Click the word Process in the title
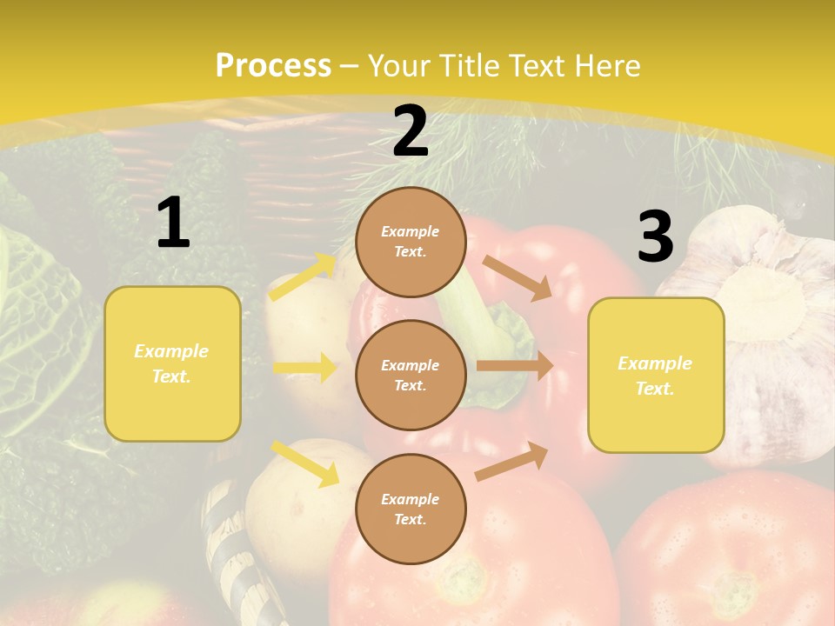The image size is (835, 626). pyautogui.click(x=273, y=66)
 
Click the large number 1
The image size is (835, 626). pyautogui.click(x=173, y=223)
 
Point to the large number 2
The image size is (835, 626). pyautogui.click(x=411, y=132)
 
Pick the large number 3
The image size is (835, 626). pyautogui.click(x=655, y=237)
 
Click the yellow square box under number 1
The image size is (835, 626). pyautogui.click(x=172, y=363)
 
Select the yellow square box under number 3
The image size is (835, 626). pyautogui.click(x=656, y=376)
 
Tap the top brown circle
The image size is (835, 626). pyautogui.click(x=411, y=242)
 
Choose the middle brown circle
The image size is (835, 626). pyautogui.click(x=411, y=375)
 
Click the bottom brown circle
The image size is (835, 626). pyautogui.click(x=411, y=509)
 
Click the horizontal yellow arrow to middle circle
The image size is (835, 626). pyautogui.click(x=304, y=368)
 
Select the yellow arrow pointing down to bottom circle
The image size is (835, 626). pyautogui.click(x=304, y=463)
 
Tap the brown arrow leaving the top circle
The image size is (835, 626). pyautogui.click(x=517, y=277)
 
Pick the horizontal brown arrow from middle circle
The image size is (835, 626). pyautogui.click(x=514, y=366)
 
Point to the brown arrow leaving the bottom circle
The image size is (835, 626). pyautogui.click(x=511, y=462)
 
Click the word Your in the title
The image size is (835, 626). pyautogui.click(x=397, y=66)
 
